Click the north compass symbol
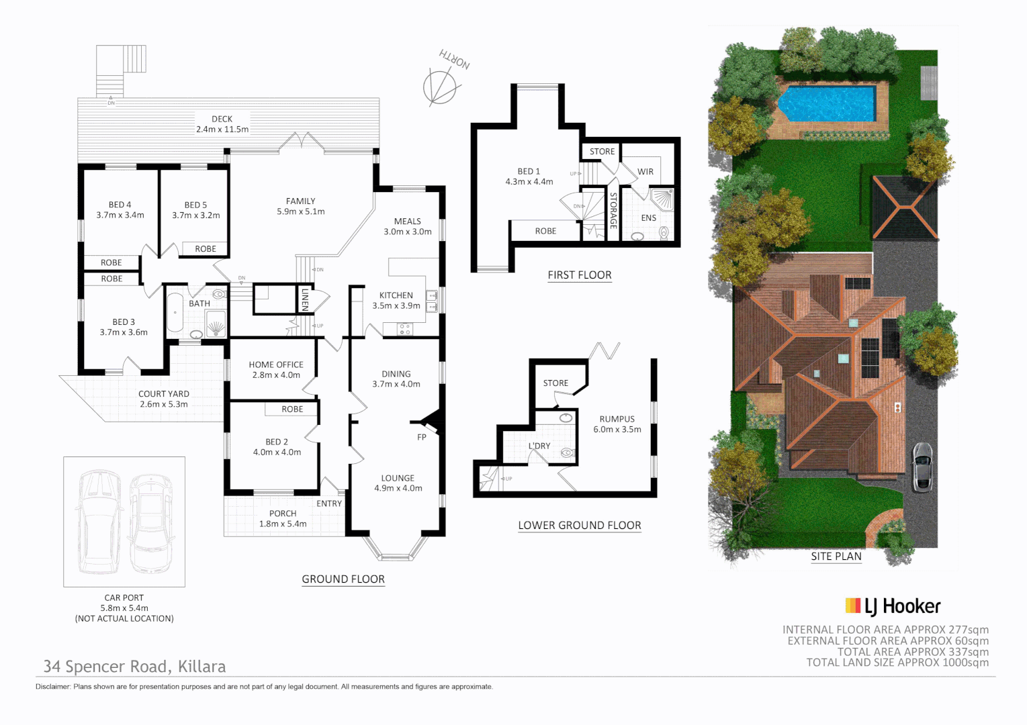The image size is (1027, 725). click(x=440, y=87)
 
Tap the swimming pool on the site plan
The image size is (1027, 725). click(x=827, y=103)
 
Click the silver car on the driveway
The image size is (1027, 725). click(x=922, y=466)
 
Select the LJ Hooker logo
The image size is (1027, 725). click(x=893, y=606)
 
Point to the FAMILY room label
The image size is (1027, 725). click(x=300, y=201)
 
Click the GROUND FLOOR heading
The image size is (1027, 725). click(x=343, y=579)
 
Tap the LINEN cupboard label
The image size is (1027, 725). click(x=305, y=299)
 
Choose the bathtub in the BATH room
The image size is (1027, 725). click(x=175, y=313)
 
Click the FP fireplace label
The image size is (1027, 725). click(x=422, y=437)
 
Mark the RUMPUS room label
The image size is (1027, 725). click(x=617, y=419)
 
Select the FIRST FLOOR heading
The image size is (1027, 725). click(x=580, y=275)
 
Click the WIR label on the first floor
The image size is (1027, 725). click(x=645, y=172)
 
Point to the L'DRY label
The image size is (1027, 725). click(x=539, y=446)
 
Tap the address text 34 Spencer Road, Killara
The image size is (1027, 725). click(x=134, y=667)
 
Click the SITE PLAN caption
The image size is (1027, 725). click(x=836, y=557)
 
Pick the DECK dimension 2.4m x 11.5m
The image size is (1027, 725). click(x=222, y=130)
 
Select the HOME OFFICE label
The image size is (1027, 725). click(x=276, y=365)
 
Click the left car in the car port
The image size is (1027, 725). click(x=99, y=522)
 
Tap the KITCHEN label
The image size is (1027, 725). click(x=396, y=295)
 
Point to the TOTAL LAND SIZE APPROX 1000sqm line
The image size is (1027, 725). click(x=897, y=663)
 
